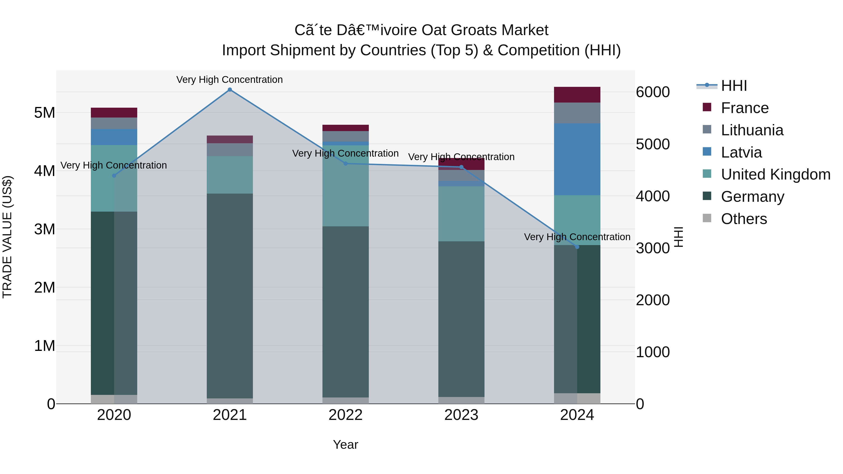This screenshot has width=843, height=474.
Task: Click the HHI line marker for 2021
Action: [x=230, y=90]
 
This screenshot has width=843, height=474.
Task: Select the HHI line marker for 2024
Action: [x=577, y=247]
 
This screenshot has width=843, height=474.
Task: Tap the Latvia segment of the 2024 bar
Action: [x=577, y=159]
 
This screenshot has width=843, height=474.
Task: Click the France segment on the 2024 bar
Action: [x=577, y=95]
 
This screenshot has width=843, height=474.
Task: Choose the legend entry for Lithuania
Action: [x=752, y=130]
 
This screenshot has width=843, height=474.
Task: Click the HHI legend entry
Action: [x=734, y=86]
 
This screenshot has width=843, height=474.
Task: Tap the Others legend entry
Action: [x=743, y=219]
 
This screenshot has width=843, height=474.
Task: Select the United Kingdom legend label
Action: [x=776, y=175]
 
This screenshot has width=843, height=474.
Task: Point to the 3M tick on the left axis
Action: [x=44, y=229]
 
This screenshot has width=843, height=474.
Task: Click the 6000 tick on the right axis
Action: [x=653, y=92]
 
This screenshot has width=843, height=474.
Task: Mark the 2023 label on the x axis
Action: [x=461, y=415]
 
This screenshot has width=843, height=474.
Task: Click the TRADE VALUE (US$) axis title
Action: [x=7, y=237]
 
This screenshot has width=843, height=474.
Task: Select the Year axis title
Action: [x=346, y=445]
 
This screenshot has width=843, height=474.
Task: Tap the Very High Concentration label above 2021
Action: [x=229, y=80]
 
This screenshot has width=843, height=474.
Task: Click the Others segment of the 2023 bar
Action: [x=461, y=401]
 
